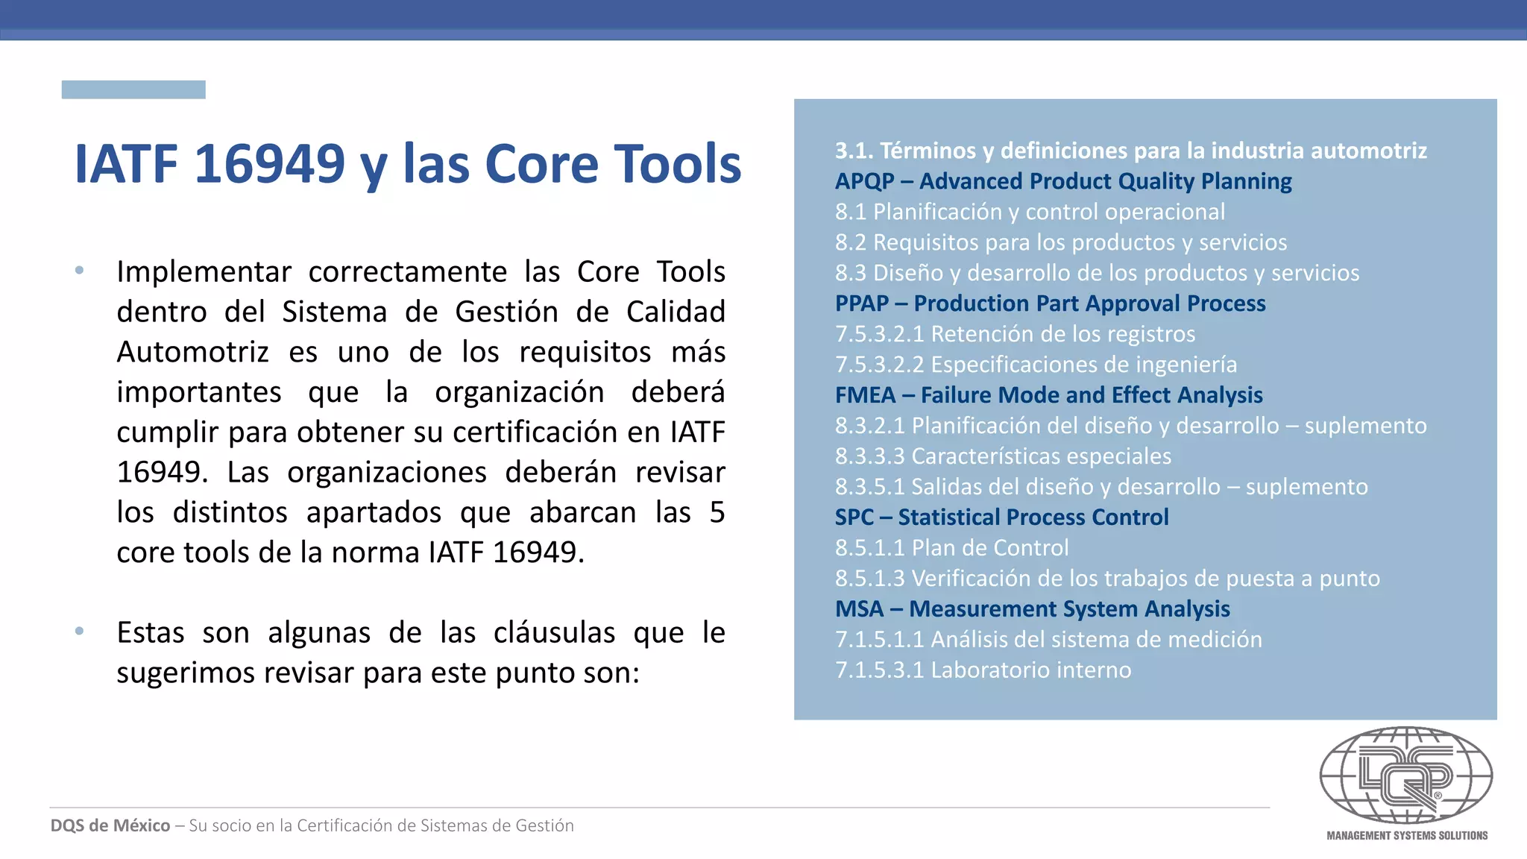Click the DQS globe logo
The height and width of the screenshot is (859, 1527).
point(1406,776)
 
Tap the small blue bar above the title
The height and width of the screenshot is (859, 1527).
point(133,89)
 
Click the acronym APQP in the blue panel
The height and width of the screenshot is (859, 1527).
point(864,181)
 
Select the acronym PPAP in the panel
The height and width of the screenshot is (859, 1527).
point(862,303)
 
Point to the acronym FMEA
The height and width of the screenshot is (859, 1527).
point(865,395)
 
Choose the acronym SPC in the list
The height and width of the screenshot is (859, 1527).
point(854,517)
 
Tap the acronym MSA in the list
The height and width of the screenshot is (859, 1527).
point(859,609)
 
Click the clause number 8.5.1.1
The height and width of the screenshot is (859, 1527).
point(870,548)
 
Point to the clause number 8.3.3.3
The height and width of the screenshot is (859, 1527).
point(870,456)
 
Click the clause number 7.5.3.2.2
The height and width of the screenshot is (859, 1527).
point(880,365)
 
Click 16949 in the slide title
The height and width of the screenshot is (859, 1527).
point(270,163)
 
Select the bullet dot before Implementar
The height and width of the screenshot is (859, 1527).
point(80,271)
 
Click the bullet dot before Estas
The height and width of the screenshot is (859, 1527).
point(80,632)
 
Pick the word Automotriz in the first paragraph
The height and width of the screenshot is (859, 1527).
point(192,352)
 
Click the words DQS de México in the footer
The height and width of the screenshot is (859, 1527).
point(110,825)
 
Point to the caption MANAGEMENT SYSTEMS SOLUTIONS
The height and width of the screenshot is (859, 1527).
point(1407,836)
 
